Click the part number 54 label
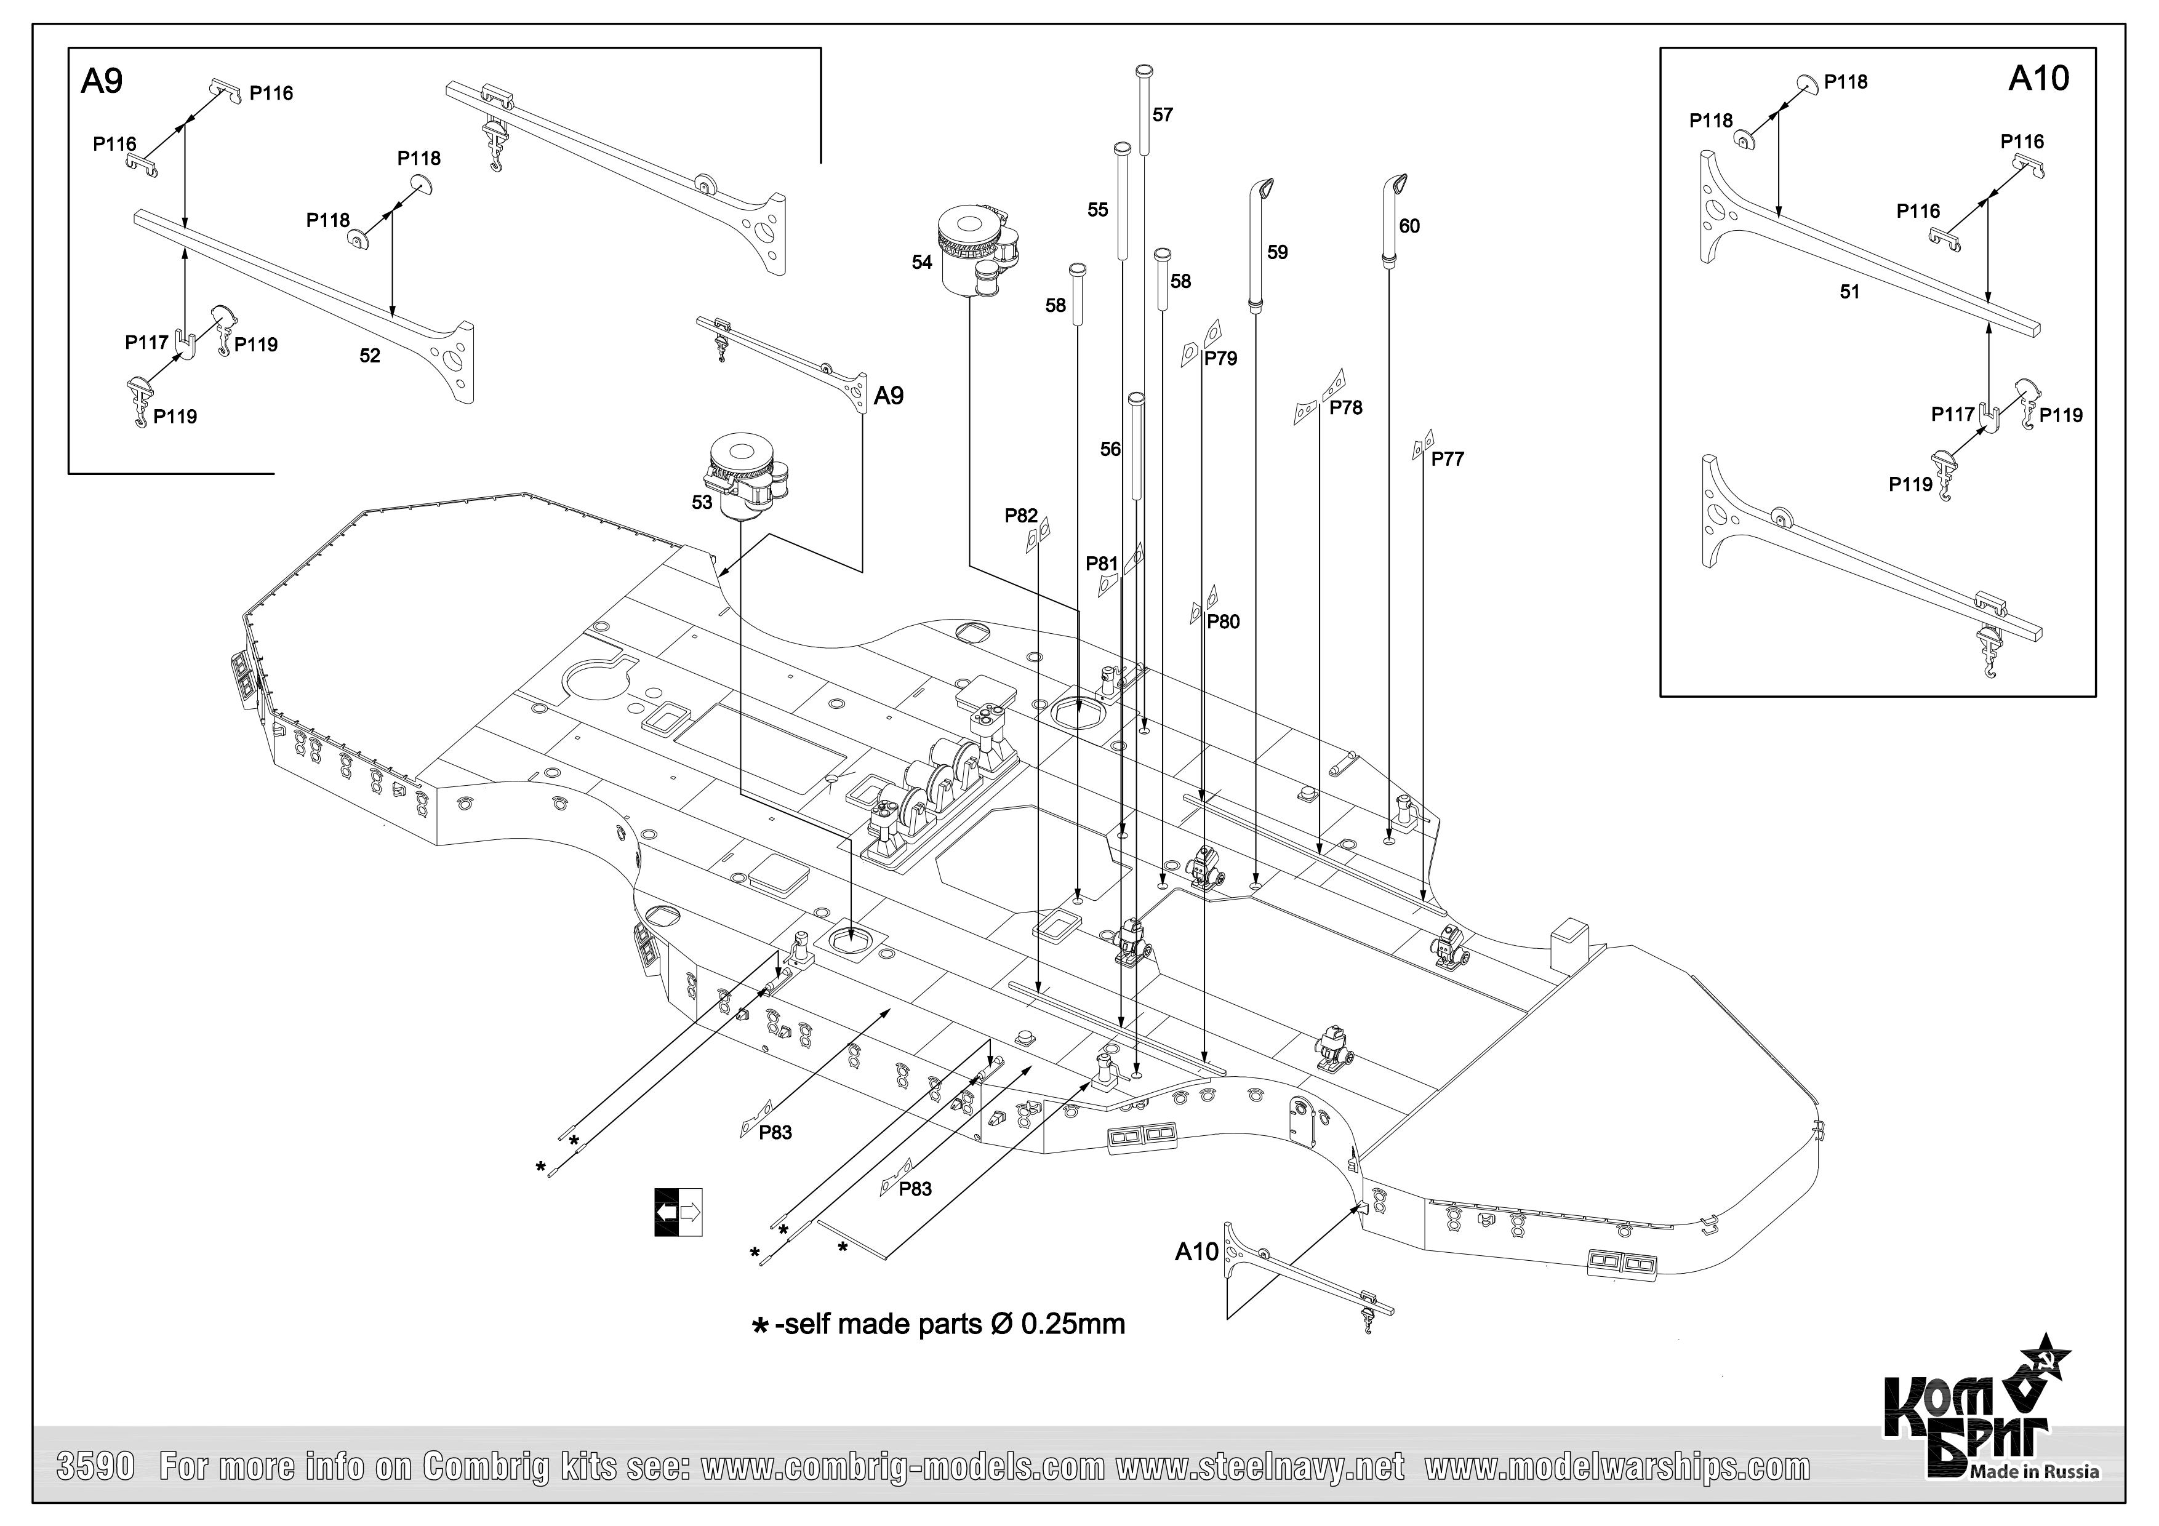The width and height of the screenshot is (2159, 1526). (921, 262)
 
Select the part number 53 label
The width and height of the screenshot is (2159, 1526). (702, 502)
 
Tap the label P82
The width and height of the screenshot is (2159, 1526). (1020, 515)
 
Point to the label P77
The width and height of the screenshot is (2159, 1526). (1447, 459)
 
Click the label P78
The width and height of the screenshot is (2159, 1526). (1345, 407)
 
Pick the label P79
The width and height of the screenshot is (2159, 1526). (1220, 358)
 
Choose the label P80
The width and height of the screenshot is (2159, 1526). (1222, 621)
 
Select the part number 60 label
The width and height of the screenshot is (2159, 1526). (1409, 226)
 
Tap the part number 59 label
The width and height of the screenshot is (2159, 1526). (1277, 252)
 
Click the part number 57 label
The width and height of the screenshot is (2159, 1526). (1162, 114)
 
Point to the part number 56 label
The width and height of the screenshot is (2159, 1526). (1110, 449)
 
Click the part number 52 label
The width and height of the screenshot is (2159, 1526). (369, 356)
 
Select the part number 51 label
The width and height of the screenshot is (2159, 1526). (1849, 292)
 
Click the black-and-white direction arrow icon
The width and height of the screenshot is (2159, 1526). (678, 1212)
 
